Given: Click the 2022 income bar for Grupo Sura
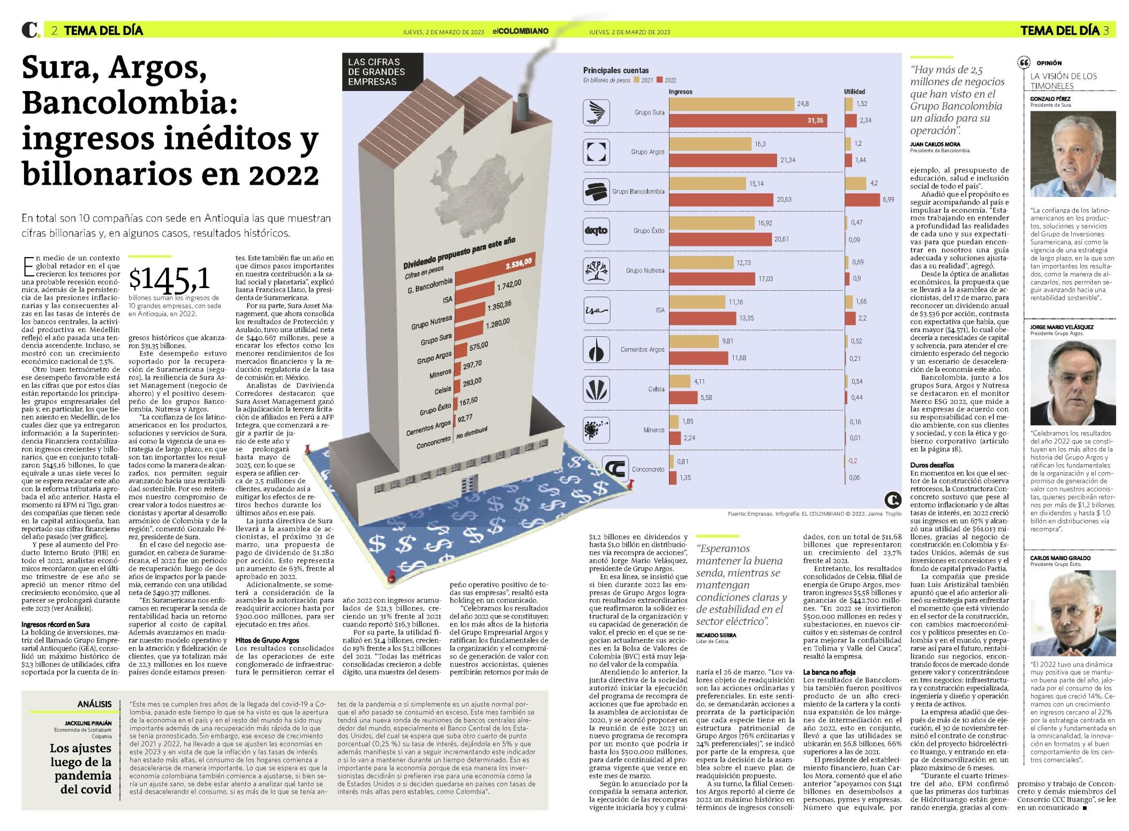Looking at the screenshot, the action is tap(748, 120).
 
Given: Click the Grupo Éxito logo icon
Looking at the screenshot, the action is tap(596, 231).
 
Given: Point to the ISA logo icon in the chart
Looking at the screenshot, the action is tap(596, 310).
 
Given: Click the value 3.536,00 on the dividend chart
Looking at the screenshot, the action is tap(518, 262).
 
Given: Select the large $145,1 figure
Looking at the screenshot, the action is tap(169, 279).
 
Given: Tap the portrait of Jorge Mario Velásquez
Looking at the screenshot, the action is tap(1073, 382).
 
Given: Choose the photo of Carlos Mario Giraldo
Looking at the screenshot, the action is tap(1073, 613).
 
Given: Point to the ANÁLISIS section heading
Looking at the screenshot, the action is tap(94, 704).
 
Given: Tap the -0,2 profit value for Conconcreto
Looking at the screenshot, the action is tap(852, 461).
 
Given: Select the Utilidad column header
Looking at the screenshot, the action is tap(854, 92).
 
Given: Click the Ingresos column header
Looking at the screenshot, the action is tap(680, 92).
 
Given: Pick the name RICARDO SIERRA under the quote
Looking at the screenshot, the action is tap(716, 634).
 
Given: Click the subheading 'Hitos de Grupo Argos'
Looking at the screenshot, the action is tap(267, 640).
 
